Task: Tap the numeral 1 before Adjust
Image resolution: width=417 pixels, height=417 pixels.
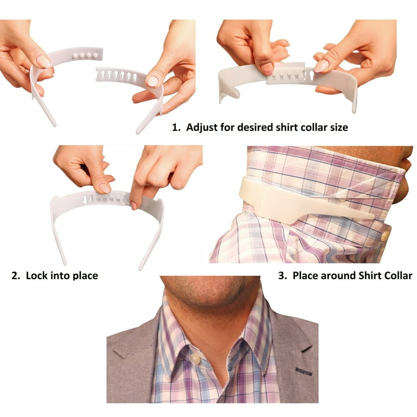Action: pos(174,128)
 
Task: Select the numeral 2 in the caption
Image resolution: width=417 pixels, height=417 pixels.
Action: pos(15,276)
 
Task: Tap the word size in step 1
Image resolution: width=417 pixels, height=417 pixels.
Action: pos(337,128)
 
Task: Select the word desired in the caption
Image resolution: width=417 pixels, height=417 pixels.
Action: pos(248,128)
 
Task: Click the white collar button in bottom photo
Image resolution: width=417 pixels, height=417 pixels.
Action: pos(194,358)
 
